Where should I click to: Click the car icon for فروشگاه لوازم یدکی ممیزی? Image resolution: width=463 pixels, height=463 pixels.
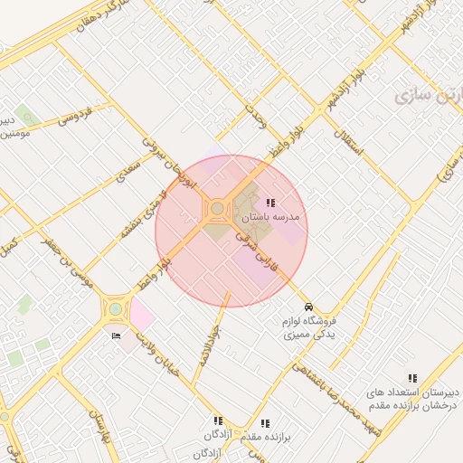click(309, 307)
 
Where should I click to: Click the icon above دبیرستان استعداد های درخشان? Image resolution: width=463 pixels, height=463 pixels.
click(412, 378)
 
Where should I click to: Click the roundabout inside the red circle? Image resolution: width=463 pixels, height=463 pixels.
click(218, 211)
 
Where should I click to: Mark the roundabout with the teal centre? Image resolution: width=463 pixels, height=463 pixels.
click(115, 309)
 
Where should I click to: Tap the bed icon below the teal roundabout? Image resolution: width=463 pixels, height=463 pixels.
click(115, 336)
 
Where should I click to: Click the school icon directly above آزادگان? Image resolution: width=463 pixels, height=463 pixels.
click(218, 420)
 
